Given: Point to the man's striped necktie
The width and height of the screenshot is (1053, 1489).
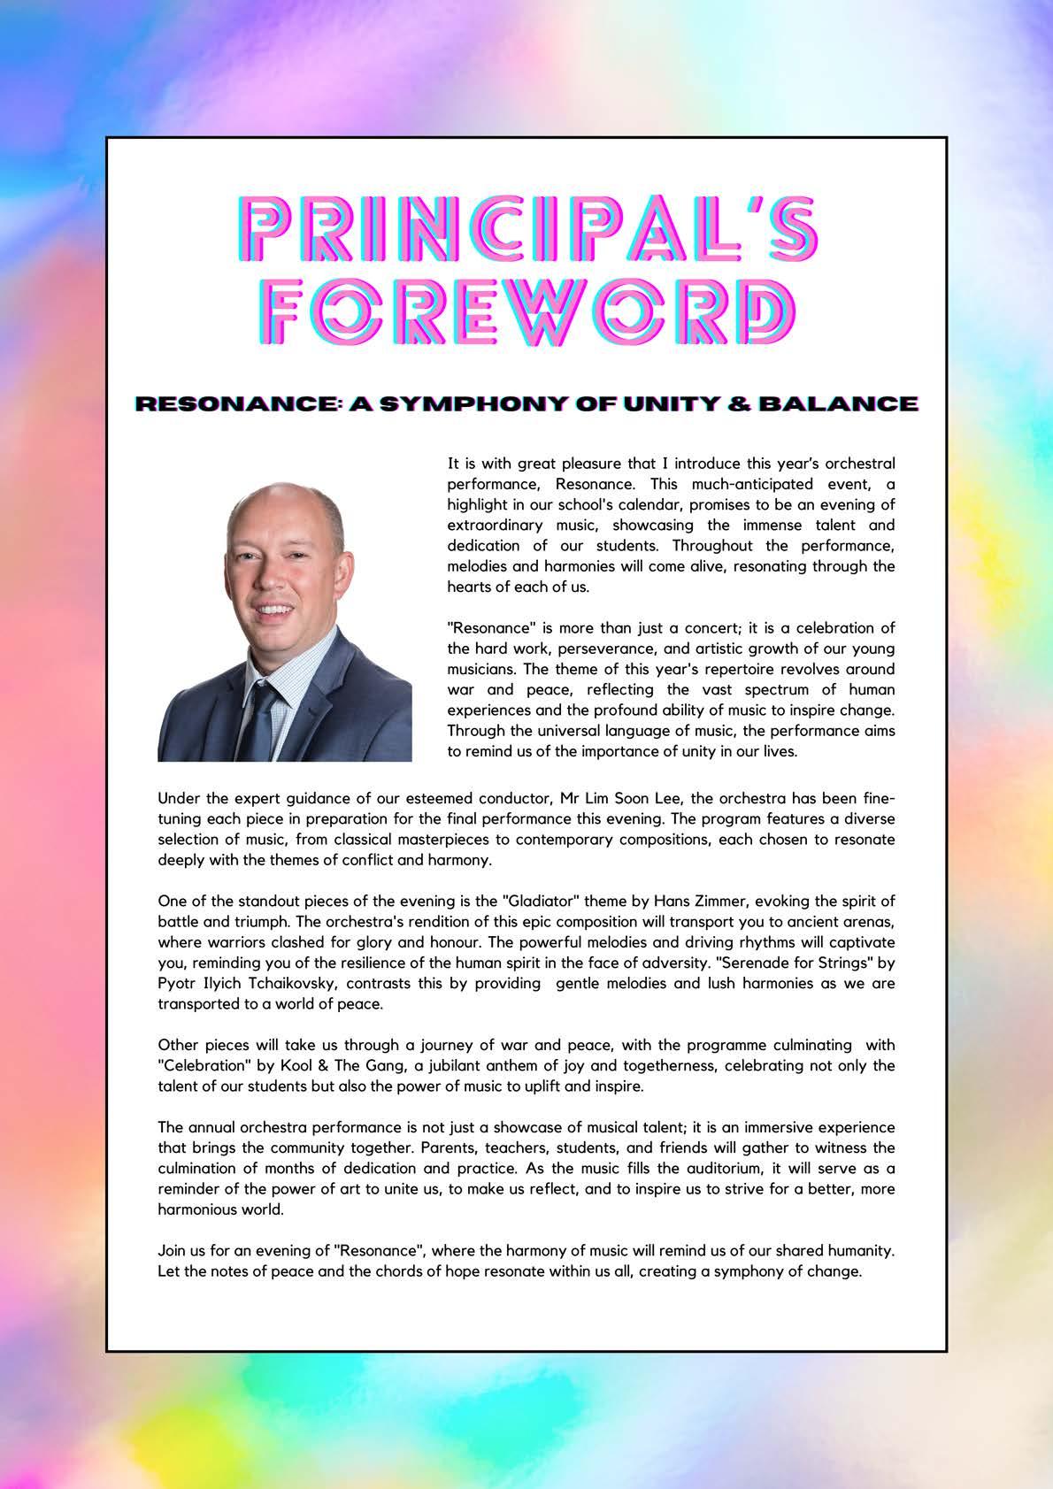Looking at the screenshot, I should (261, 717).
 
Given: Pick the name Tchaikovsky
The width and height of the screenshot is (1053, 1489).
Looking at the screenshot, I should (291, 984).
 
